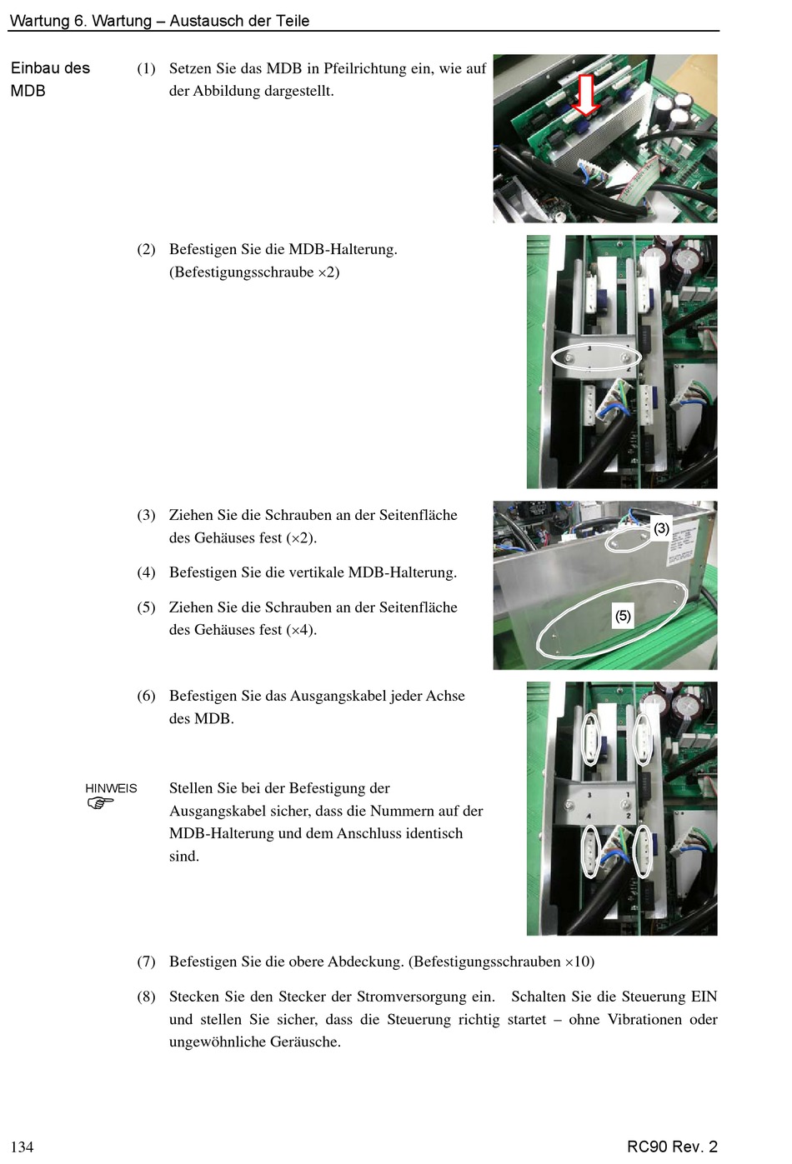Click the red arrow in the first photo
pos(585,95)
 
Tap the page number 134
pos(22,1147)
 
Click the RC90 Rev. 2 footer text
pos(672,1146)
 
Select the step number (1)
pos(146,68)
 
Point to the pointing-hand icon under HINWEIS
pos(100,803)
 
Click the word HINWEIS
pos(111,787)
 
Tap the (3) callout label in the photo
pos(661,528)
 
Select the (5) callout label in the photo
pos(623,616)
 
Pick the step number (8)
pos(146,997)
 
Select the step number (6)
pos(146,696)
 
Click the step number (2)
pos(146,249)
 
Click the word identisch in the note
pos(434,833)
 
